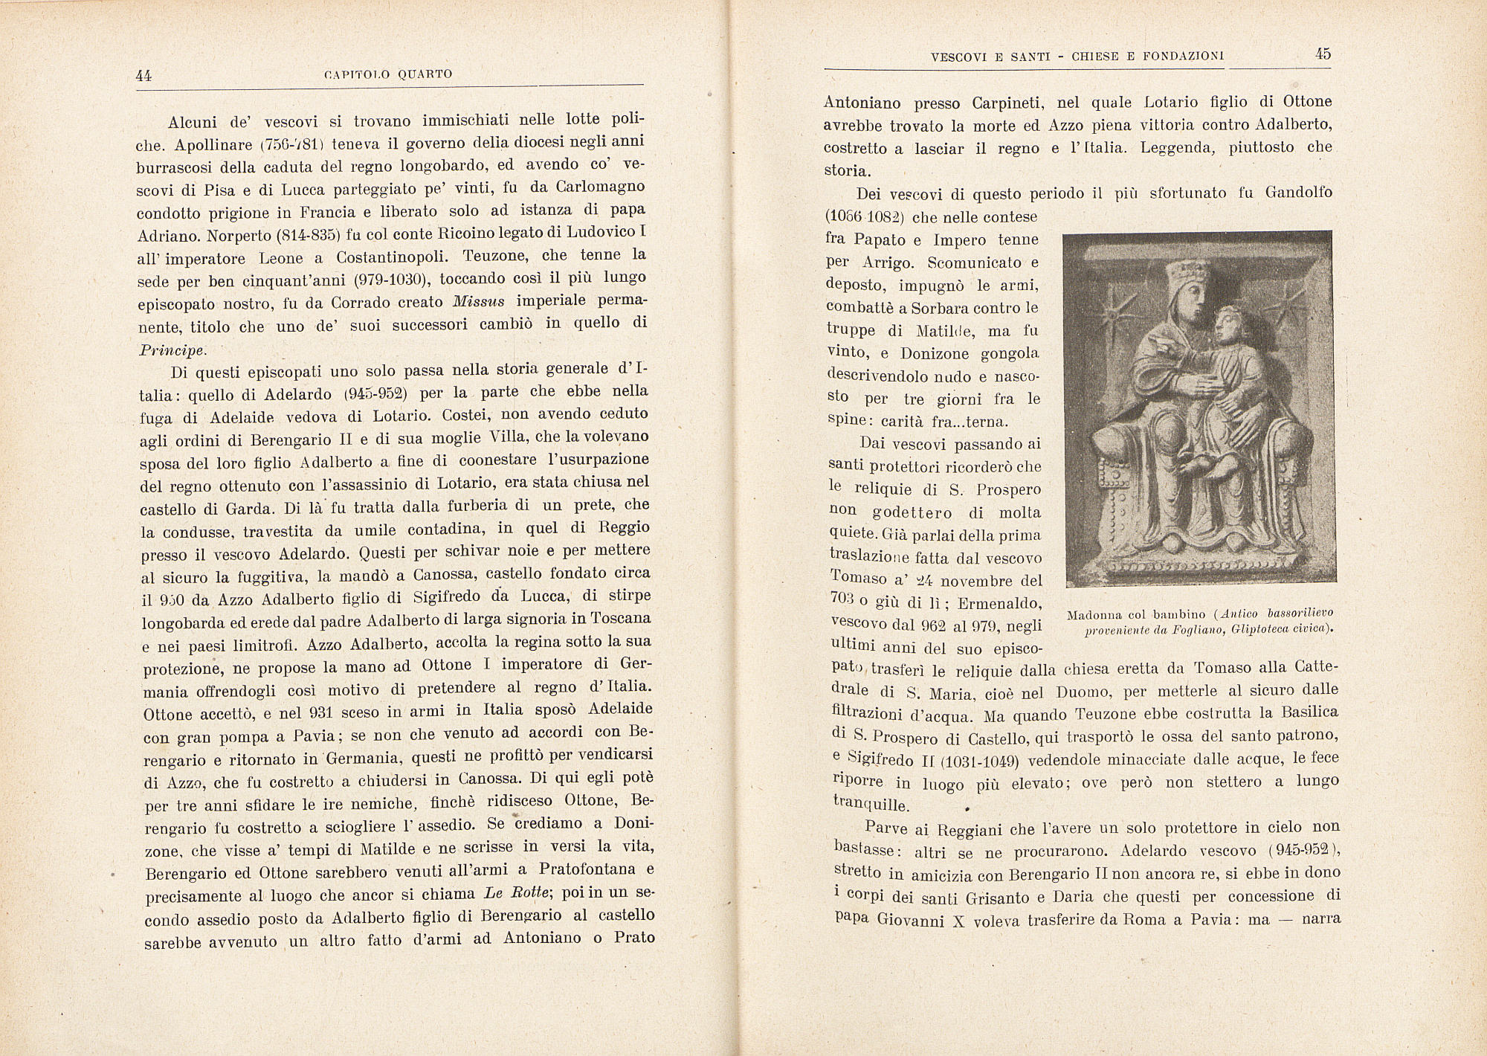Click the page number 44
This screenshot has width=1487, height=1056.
tap(144, 75)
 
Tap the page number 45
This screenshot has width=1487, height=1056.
tap(1323, 54)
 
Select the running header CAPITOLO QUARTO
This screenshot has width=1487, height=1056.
tap(388, 74)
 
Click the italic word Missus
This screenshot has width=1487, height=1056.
tap(479, 302)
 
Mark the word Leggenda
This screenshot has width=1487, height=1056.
tap(1178, 147)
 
